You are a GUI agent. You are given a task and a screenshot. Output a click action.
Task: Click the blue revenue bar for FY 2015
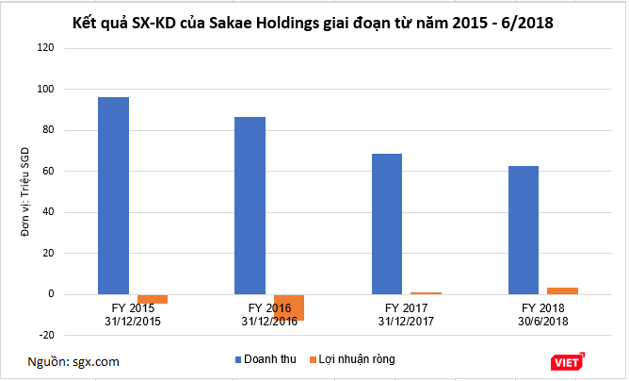pyautogui.click(x=113, y=195)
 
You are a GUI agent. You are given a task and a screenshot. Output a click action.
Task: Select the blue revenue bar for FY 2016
pyautogui.click(x=250, y=205)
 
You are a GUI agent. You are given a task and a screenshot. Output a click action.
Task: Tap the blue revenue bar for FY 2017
pyautogui.click(x=386, y=224)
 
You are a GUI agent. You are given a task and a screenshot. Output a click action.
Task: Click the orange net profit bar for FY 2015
pyautogui.click(x=152, y=299)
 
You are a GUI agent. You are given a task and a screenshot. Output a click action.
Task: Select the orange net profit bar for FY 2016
pyautogui.click(x=288, y=306)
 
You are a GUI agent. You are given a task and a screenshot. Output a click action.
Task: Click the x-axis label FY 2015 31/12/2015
pyautogui.click(x=133, y=314)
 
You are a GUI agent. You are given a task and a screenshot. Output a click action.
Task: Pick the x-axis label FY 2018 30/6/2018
pyautogui.click(x=543, y=314)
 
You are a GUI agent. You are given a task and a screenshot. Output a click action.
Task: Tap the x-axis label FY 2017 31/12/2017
pyautogui.click(x=406, y=314)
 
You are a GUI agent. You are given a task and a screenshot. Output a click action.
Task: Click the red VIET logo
pyautogui.click(x=568, y=362)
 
